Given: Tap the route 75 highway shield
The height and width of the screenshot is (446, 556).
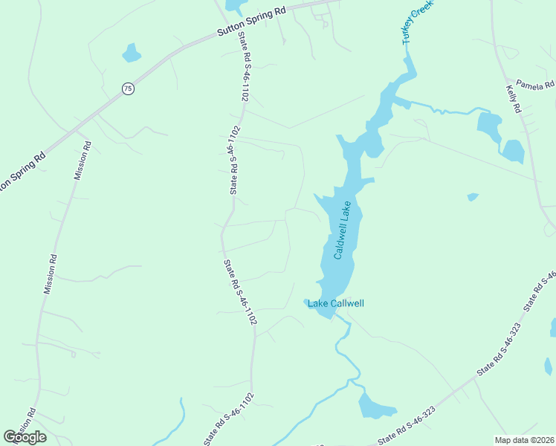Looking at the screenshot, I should [129, 88].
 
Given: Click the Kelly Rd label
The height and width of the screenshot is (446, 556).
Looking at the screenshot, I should [514, 99].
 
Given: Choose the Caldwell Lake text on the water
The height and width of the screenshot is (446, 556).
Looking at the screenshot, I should [343, 230].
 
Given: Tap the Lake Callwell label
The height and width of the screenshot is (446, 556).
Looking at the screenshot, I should [336, 303].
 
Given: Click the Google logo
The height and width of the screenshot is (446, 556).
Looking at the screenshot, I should [25, 436].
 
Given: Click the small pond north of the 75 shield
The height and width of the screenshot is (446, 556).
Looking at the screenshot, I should [131, 54].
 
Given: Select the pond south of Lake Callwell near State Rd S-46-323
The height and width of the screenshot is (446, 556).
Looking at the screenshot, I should [374, 407].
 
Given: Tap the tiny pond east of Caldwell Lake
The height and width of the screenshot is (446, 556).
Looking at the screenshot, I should [473, 197].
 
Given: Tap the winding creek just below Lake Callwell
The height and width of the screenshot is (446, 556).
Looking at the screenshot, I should [346, 349].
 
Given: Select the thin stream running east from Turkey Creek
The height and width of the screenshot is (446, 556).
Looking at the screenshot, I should [439, 109].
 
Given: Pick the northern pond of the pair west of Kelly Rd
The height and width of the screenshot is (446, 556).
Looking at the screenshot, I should [488, 126].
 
